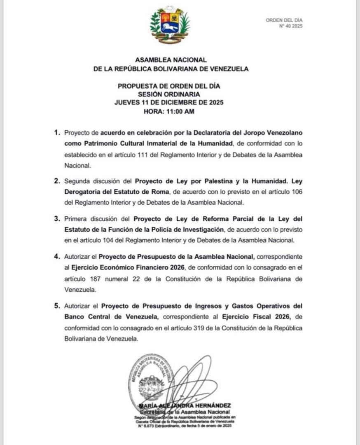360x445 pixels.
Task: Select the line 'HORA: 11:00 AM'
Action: (169, 111)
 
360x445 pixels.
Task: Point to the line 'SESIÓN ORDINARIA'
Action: (169, 94)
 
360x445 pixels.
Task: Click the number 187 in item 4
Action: (94, 279)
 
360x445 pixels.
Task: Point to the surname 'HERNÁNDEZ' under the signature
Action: (212, 405)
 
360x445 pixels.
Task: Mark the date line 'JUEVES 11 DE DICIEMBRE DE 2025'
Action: (169, 103)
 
